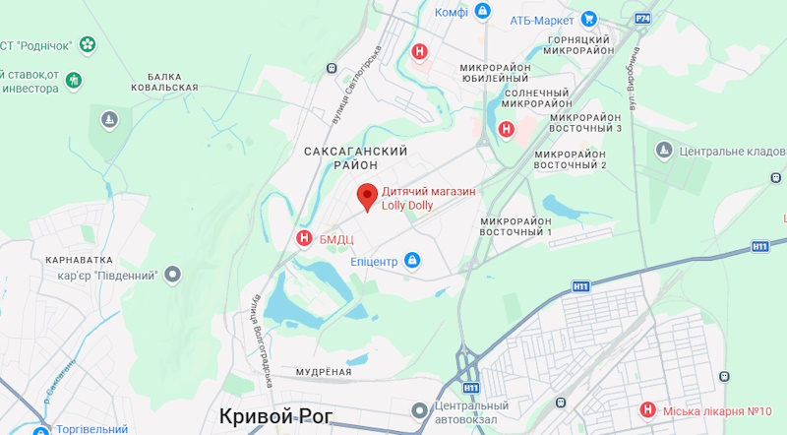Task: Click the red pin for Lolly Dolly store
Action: click(367, 196)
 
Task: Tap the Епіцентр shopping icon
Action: click(413, 261)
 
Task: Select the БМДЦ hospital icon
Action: click(304, 238)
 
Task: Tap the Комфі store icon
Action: click(482, 12)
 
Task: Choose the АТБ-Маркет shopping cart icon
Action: click(588, 18)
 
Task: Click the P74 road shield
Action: click(642, 19)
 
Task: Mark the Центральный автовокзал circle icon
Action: click(420, 409)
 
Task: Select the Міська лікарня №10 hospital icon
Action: click(647, 409)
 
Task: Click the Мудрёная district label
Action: click(324, 371)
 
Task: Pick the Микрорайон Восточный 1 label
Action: click(516, 224)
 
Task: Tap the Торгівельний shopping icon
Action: click(40, 429)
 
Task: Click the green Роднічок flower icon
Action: click(88, 43)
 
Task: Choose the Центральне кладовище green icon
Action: click(665, 150)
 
